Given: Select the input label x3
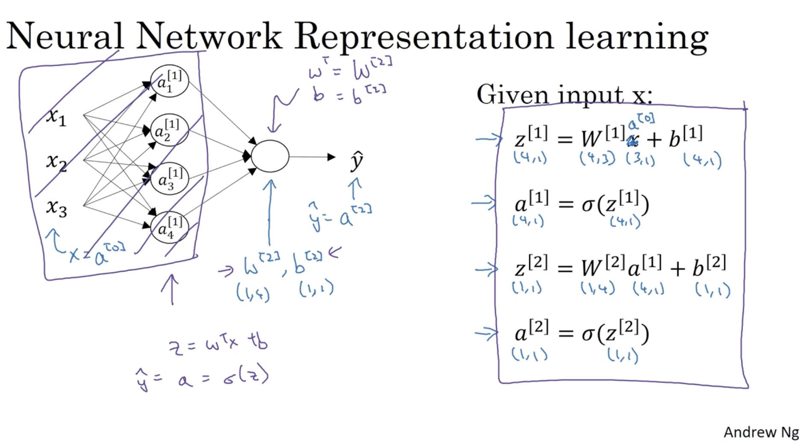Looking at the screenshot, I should (56, 208).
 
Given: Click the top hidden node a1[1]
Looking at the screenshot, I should (169, 81).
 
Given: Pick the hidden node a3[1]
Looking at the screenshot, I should (169, 179).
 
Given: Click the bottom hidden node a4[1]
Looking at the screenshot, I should (169, 228).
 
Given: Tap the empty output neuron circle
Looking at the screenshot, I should (270, 157).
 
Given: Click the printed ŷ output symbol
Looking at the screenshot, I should (356, 161).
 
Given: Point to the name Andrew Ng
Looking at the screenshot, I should (761, 432).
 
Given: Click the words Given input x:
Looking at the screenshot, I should (564, 95).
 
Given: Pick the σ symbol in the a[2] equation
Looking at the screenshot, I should (588, 334).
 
